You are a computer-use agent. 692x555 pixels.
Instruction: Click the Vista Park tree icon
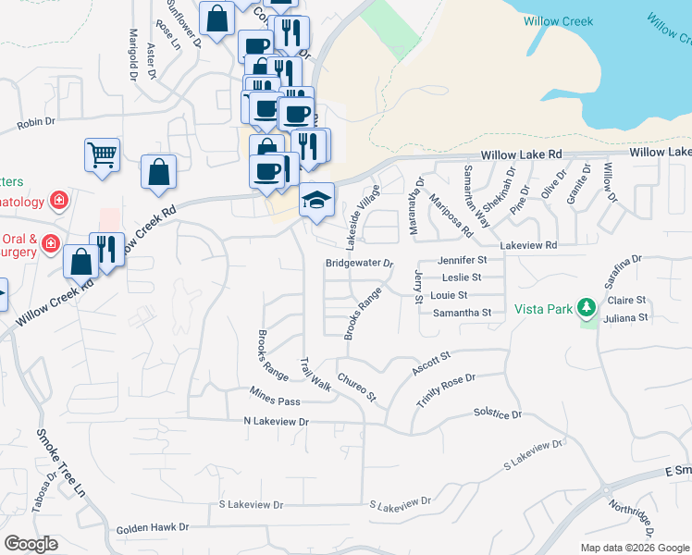585,306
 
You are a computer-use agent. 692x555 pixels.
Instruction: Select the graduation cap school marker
316,201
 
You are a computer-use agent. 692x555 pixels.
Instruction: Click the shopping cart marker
102,155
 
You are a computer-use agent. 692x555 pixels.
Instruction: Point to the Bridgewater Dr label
360,264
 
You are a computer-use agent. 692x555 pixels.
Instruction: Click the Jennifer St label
462,261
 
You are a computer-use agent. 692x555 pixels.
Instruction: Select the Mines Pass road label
276,401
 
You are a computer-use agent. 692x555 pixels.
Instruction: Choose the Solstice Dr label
498,413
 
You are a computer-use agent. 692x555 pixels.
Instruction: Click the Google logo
31,544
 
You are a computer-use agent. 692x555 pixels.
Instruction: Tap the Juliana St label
626,317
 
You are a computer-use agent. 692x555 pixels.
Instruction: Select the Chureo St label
357,387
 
